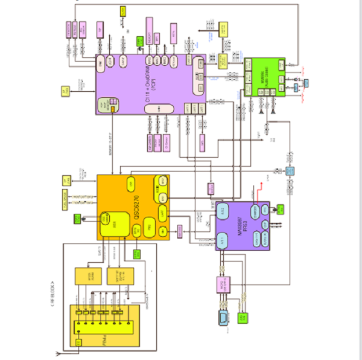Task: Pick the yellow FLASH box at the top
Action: [x=123, y=11]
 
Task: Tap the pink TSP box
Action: [x=98, y=30]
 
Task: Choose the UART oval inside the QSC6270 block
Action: [x=162, y=212]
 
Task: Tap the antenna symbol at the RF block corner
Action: [x=57, y=353]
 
